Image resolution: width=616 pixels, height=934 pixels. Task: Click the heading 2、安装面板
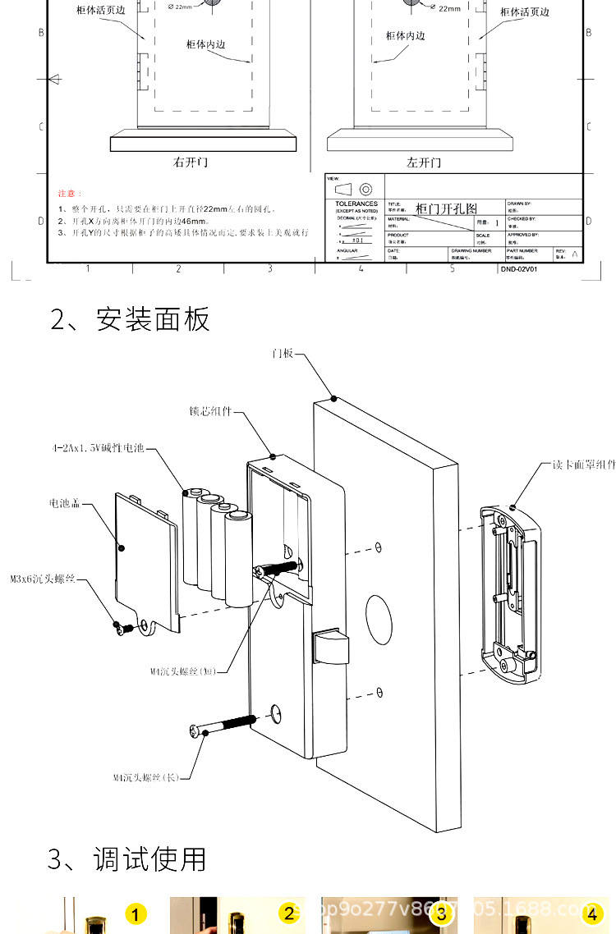coord(130,319)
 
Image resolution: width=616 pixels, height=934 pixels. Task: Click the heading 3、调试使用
coord(126,859)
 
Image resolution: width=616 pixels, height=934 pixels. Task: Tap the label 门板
coord(282,353)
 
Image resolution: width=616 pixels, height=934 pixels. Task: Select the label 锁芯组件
coord(210,411)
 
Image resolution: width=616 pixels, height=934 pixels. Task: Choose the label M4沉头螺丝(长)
coord(145,776)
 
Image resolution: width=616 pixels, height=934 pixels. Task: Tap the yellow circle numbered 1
coord(136,913)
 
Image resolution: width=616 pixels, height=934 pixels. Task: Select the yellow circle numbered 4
coord(592,913)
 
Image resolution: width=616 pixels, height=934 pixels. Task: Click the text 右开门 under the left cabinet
coord(191,163)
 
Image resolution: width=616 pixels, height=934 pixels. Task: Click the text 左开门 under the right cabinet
coord(424,163)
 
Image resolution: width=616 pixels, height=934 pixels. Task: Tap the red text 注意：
coord(70,194)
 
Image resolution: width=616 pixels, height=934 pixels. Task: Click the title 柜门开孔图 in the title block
coord(446,208)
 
